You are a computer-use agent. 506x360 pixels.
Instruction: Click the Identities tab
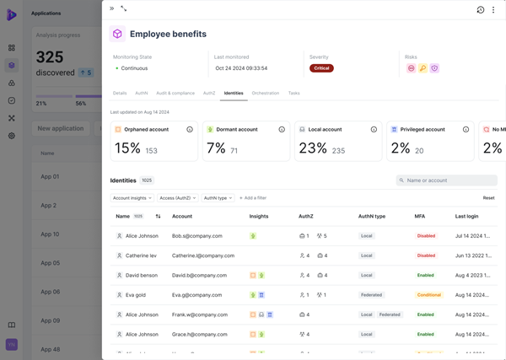click(234, 93)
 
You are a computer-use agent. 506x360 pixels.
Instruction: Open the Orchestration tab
click(266, 93)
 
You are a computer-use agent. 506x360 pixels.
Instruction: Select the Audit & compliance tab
click(175, 93)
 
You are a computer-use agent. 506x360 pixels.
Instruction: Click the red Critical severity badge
click(321, 68)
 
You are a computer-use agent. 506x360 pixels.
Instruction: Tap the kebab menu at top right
click(494, 10)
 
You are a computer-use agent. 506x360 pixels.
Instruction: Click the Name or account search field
click(447, 180)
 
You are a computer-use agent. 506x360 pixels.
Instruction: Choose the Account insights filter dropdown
click(132, 198)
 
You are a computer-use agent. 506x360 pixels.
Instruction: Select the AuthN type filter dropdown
click(217, 198)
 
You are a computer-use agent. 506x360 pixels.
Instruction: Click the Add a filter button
click(253, 198)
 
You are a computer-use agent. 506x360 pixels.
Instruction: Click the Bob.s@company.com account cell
click(196, 236)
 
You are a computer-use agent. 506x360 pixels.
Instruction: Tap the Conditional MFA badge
click(428, 295)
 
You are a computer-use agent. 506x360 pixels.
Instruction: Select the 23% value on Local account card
click(313, 148)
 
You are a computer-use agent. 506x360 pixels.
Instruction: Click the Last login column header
click(466, 217)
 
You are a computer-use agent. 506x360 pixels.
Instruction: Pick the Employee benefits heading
click(168, 34)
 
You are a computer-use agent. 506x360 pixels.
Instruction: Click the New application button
click(61, 128)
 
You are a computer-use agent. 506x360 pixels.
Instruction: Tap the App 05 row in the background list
click(50, 263)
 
